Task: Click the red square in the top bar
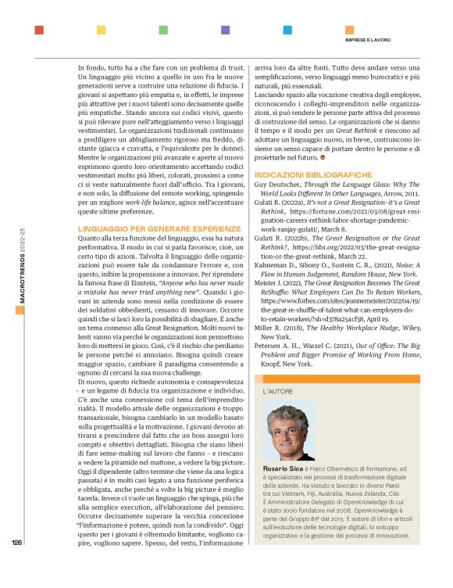[x=39, y=30]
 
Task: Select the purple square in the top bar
[x=226, y=30]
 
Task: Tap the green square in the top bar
[x=163, y=30]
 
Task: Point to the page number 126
[x=17, y=541]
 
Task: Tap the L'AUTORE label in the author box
[x=279, y=389]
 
